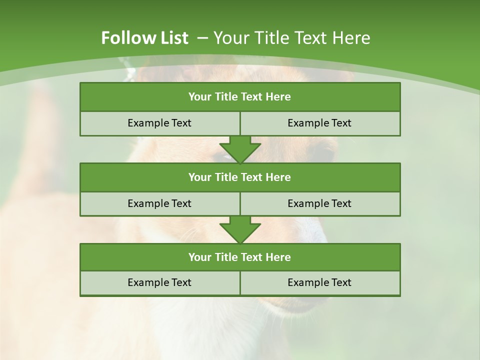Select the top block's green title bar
coord(240,97)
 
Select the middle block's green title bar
coord(240,177)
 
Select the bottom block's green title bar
coord(240,257)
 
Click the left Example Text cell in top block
coord(159,123)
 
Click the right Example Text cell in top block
coord(320,123)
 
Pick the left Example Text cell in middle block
coord(159,203)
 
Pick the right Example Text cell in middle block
coord(320,203)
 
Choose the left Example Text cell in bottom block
coord(159,282)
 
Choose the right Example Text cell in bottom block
coord(320,282)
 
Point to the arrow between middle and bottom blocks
coord(240,229)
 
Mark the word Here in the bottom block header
coord(278,257)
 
